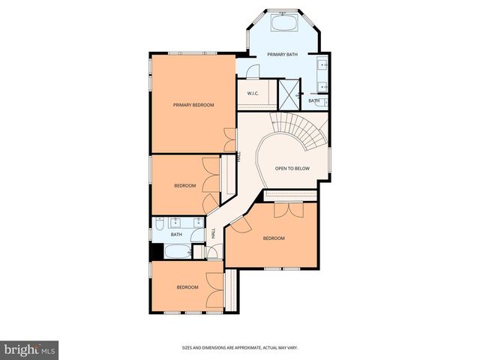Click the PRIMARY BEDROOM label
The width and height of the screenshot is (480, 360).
click(193, 105)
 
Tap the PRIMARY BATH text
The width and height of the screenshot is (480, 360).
click(282, 54)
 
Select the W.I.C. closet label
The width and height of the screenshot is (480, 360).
click(253, 94)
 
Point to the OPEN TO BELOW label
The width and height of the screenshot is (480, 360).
click(292, 168)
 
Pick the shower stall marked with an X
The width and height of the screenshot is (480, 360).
click(287, 94)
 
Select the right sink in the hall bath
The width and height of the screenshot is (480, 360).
click(196, 222)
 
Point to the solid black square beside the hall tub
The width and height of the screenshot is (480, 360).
click(154, 253)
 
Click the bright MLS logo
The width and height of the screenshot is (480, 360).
click(30, 349)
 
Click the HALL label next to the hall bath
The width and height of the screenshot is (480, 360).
click(213, 234)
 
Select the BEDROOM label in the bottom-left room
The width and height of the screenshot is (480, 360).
click(187, 287)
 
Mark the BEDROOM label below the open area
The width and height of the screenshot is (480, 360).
click(274, 238)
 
